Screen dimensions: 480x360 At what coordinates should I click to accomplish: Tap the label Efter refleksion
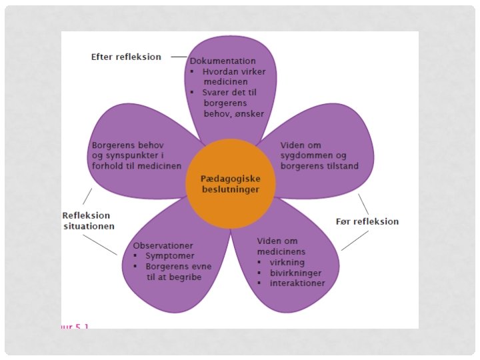126,57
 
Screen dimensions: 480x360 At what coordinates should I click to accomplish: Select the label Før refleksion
367,221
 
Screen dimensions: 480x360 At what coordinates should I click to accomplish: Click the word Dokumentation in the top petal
223,61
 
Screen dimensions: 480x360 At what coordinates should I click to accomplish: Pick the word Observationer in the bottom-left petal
163,245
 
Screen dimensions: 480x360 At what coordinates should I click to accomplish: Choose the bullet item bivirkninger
295,273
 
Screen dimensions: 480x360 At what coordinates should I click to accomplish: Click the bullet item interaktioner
297,283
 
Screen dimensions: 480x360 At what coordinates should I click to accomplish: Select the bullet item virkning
287,262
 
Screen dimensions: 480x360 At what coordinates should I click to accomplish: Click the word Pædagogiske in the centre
230,179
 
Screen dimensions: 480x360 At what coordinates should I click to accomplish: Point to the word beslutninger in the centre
230,190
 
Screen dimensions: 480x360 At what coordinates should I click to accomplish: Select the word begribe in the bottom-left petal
180,277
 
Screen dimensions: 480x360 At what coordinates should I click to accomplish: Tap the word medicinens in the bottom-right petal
281,251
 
